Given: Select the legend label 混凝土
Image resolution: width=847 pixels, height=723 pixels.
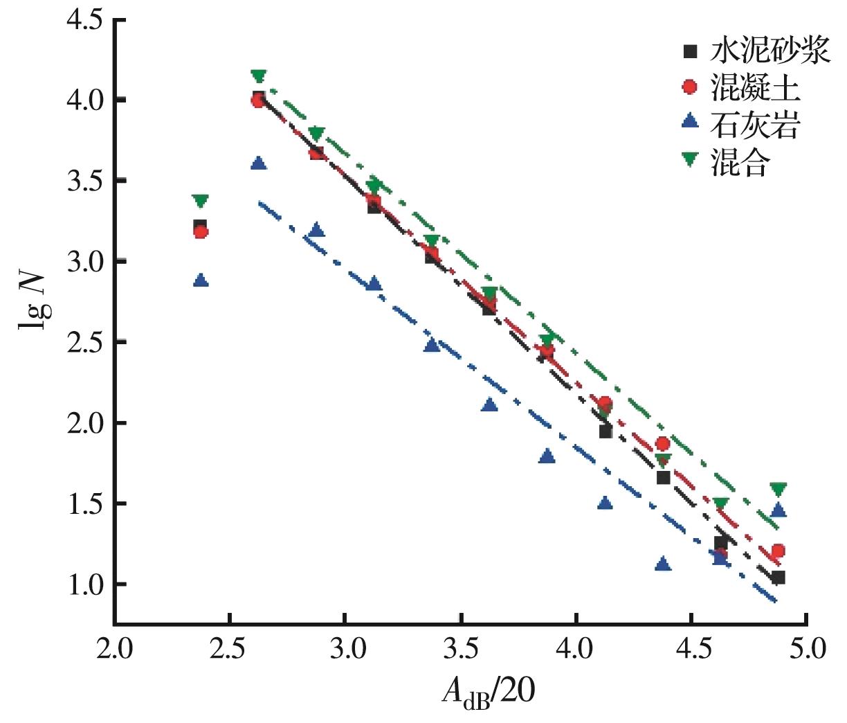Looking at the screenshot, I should coord(755,88).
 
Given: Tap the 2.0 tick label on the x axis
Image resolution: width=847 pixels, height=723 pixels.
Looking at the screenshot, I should coord(114,650).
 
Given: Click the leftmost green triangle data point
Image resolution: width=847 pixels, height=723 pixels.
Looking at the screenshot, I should coord(201,202).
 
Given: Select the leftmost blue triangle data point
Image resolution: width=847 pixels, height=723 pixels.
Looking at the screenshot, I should coord(201,280).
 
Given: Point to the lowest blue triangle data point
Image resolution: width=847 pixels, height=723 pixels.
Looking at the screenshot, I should coord(663,564).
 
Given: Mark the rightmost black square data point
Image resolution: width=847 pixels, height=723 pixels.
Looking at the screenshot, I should coord(778,578).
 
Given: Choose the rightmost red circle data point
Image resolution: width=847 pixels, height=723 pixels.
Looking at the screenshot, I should coord(778,551).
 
